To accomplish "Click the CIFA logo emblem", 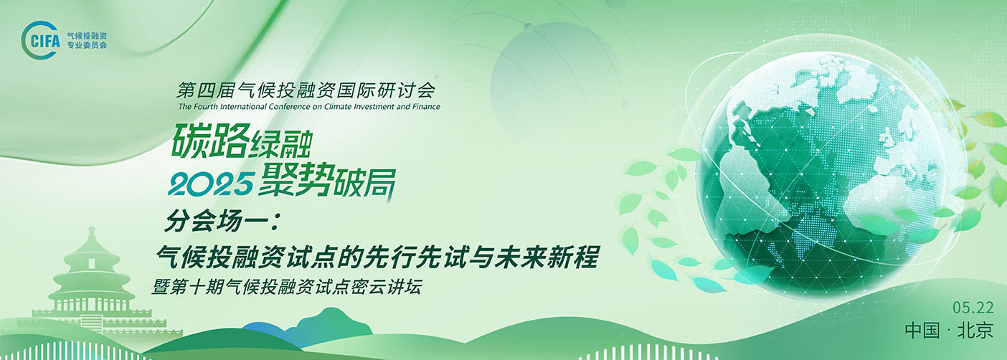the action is [41, 40].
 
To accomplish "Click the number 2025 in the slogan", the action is [210, 184].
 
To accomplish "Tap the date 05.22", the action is [973, 308].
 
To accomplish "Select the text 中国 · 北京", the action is [949, 331].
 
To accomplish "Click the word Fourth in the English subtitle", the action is [205, 107].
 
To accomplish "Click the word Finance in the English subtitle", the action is [426, 107].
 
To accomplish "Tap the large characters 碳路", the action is [210, 140].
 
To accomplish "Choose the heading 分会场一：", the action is [222, 221].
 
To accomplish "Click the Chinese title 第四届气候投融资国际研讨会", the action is [306, 90].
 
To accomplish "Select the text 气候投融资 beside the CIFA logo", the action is [87, 36].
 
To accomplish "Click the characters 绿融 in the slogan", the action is [281, 143].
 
